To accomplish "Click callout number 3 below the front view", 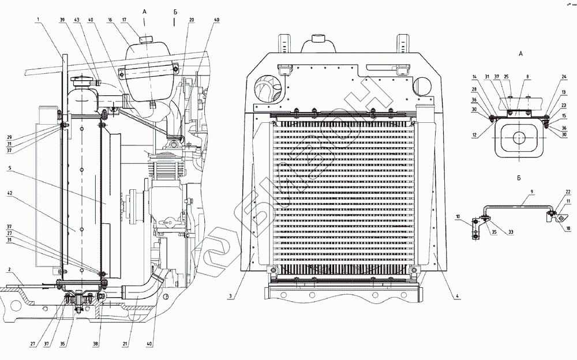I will click(x=230, y=297).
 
